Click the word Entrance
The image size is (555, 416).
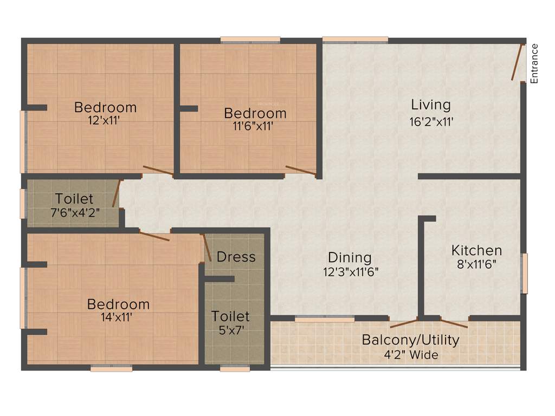[534, 63]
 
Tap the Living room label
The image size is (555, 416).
[430, 105]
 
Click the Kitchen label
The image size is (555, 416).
[476, 250]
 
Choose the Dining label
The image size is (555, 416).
[350, 257]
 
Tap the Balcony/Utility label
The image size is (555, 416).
[410, 340]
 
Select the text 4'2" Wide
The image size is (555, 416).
[410, 355]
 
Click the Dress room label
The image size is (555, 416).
[236, 257]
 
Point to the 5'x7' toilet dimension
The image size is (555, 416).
[230, 330]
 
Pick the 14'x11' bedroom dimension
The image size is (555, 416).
[118, 318]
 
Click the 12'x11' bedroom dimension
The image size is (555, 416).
[105, 121]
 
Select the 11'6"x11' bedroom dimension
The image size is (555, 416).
[255, 127]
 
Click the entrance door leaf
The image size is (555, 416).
[517, 62]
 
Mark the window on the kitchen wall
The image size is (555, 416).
[524, 273]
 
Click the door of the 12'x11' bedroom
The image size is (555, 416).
[158, 171]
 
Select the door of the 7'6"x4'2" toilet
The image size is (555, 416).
[116, 193]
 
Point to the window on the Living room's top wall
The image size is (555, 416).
[355, 39]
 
